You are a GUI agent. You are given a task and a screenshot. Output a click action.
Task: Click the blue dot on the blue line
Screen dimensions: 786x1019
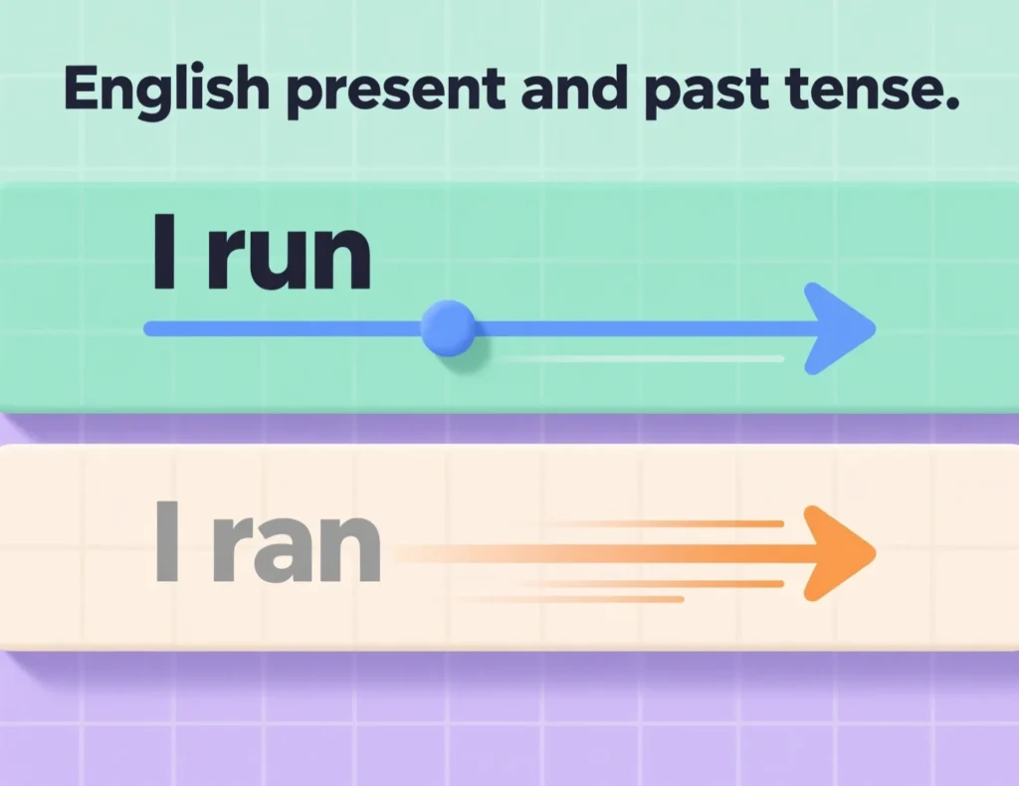coord(448,329)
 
